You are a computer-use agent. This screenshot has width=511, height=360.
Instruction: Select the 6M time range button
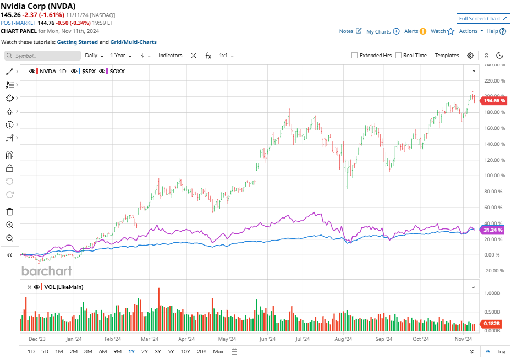pyautogui.click(x=103, y=351)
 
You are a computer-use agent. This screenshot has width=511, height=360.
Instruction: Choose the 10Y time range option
pyautogui.click(x=185, y=351)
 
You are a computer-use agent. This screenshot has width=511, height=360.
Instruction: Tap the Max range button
pyautogui.click(x=218, y=351)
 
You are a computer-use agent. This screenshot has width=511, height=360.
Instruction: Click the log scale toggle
pyautogui.click(x=502, y=351)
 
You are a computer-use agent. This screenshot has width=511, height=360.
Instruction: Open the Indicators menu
pyautogui.click(x=170, y=56)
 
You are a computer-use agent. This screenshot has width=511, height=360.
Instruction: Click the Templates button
pyautogui.click(x=447, y=56)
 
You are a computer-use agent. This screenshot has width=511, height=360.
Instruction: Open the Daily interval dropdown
pyautogui.click(x=94, y=56)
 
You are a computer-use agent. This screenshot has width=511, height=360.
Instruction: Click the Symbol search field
pyautogui.click(x=43, y=56)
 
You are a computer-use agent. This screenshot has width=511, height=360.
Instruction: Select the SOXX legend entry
pyautogui.click(x=117, y=71)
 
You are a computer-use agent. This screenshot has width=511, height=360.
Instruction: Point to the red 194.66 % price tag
pyautogui.click(x=494, y=101)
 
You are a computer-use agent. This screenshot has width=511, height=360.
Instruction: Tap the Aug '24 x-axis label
pyautogui.click(x=344, y=340)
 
